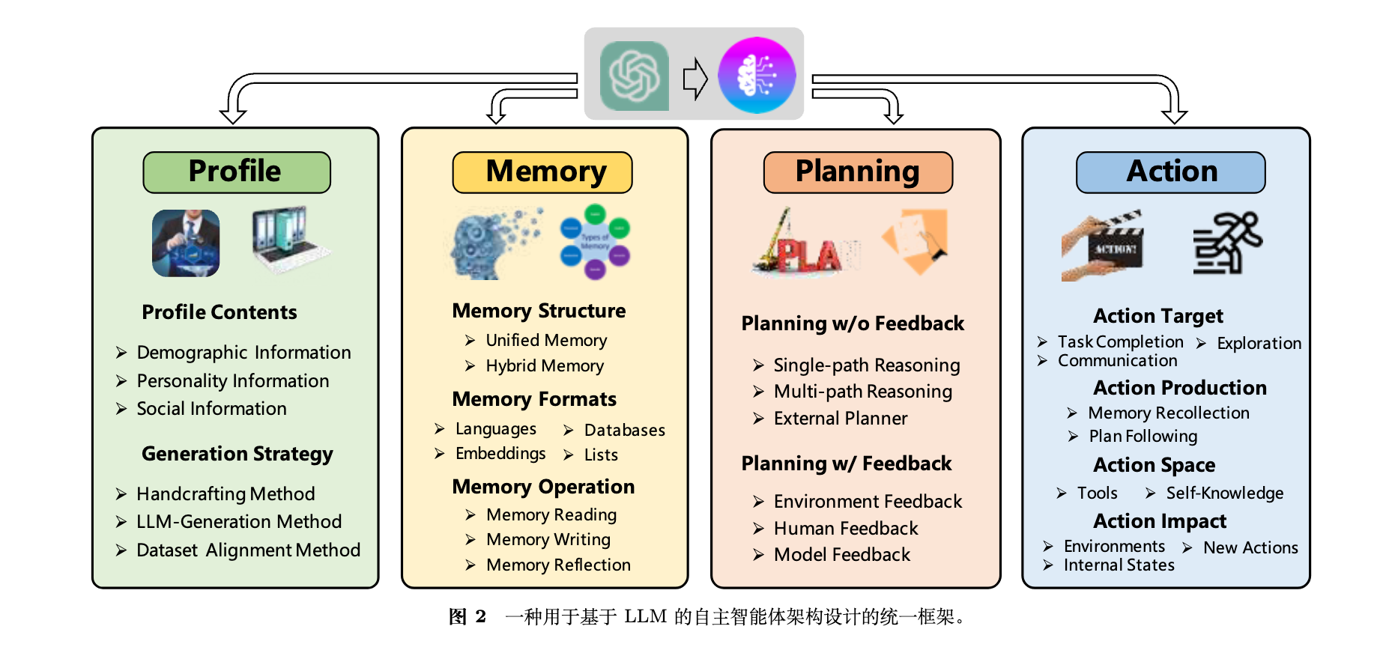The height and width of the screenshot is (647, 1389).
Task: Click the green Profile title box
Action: click(x=236, y=172)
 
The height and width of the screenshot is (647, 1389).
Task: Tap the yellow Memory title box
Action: click(x=542, y=172)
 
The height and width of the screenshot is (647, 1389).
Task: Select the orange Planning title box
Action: click(x=858, y=172)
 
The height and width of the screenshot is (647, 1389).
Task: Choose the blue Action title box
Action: click(x=1170, y=172)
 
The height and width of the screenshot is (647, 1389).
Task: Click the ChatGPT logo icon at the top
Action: click(x=634, y=76)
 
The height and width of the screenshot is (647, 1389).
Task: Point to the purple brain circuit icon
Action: click(x=757, y=76)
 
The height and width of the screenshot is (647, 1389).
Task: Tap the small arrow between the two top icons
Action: click(x=695, y=78)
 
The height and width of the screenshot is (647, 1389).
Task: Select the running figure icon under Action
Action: click(x=1226, y=243)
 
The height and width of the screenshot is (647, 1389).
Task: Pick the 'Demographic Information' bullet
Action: click(x=243, y=353)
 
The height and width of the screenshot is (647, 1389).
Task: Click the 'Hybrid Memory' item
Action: click(x=545, y=366)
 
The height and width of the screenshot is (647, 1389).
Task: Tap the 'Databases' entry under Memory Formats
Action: click(x=624, y=431)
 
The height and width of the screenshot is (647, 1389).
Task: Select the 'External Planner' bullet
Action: click(x=840, y=419)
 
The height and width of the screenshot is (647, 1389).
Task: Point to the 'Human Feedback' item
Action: click(x=845, y=529)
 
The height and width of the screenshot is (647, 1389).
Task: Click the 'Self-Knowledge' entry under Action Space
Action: click(x=1224, y=493)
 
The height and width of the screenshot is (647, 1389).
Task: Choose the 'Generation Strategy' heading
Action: click(x=237, y=455)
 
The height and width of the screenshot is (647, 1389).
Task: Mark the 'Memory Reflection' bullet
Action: click(x=558, y=565)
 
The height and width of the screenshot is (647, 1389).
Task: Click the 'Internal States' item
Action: click(x=1119, y=566)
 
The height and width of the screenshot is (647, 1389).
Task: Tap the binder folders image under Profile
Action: click(x=288, y=240)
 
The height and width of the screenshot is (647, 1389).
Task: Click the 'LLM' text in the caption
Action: click(x=645, y=617)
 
